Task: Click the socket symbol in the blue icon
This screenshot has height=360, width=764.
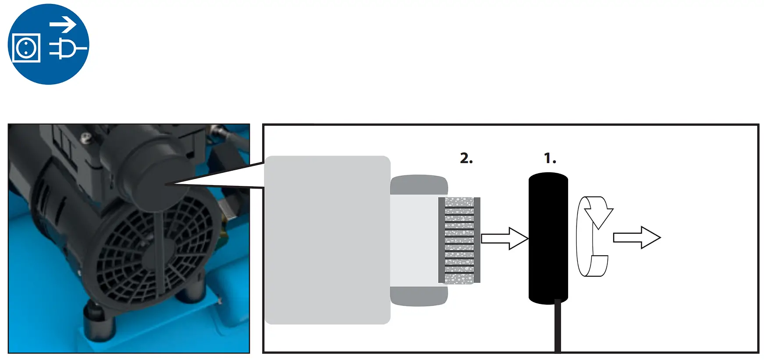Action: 26,47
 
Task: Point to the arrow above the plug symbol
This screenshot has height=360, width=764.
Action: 63,25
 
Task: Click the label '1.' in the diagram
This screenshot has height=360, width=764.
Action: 550,158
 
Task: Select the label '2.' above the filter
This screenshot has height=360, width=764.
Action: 466,158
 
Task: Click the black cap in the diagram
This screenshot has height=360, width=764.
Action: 548,237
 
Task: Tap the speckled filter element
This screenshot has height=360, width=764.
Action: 459,240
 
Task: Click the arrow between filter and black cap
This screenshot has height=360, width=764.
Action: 504,239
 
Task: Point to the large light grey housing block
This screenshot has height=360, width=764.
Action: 327,240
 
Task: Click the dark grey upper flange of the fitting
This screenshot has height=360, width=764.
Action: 419,185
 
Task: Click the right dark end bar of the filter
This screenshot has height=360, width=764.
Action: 477,240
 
